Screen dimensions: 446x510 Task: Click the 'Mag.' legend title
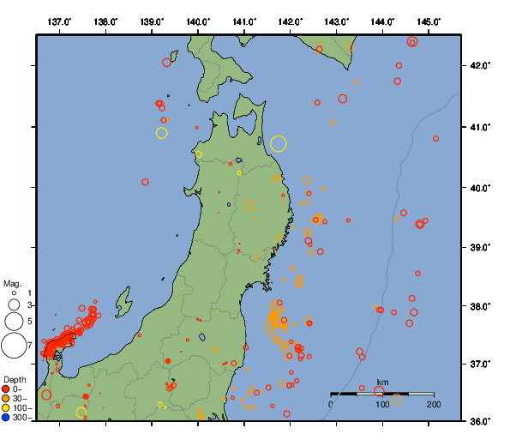coord(11,283)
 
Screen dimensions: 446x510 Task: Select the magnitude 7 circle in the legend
coord(14,345)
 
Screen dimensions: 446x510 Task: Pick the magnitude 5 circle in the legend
coord(14,321)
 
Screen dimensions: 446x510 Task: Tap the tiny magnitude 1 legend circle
coord(14,292)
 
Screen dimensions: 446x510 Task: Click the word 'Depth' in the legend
coord(14,379)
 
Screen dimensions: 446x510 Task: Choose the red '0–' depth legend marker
coord(6,389)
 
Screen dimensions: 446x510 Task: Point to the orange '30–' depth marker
coord(6,399)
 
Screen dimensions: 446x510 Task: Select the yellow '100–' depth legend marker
coord(6,408)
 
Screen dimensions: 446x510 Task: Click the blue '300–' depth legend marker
coord(6,418)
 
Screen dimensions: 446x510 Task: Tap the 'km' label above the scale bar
coord(382,383)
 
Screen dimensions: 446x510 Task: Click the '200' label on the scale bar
coord(433,404)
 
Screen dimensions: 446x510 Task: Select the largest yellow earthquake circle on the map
coord(278,143)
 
